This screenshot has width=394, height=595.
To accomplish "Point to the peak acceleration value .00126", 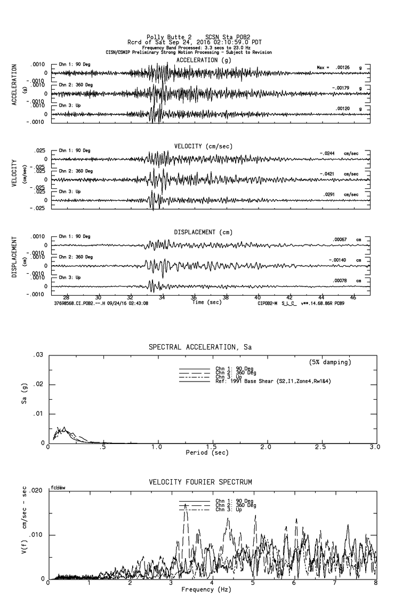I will [341, 67].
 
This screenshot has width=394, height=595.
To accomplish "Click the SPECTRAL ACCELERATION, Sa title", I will [200, 347].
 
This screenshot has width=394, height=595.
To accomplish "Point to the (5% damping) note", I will [330, 362].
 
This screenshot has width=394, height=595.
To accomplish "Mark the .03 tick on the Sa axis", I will [38, 355].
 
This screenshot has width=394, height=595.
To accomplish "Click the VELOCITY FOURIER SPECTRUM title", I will [200, 482].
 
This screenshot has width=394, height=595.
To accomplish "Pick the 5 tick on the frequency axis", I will [253, 583].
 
